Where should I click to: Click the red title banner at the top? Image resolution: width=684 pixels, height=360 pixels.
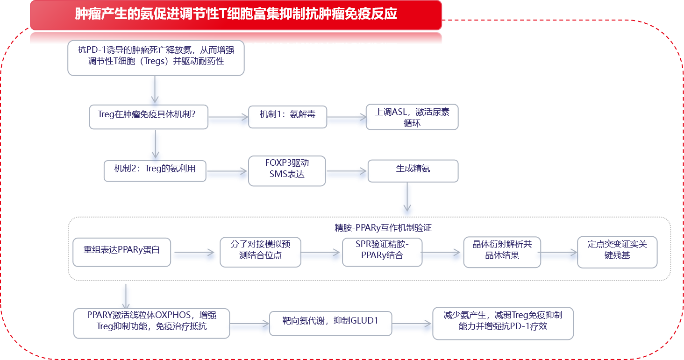pos(236,14)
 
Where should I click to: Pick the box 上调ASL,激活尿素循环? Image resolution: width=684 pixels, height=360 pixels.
pos(412,117)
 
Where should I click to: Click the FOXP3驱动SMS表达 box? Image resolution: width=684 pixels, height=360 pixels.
pos(287,171)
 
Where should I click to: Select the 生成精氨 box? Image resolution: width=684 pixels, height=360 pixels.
pos(413,171)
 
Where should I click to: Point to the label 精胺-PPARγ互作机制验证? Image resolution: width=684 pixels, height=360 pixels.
pos(383,228)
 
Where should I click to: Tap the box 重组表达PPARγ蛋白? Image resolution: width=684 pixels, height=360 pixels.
pos(121,252)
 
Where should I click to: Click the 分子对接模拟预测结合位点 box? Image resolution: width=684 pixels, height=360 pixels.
pos(260,252)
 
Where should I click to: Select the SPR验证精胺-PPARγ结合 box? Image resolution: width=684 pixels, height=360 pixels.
pos(382,252)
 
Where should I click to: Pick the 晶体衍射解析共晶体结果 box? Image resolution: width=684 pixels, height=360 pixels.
pos(502,252)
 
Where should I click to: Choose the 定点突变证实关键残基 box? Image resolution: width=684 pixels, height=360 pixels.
pos(617,252)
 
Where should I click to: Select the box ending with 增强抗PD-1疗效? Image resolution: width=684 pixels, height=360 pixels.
pos(503,323)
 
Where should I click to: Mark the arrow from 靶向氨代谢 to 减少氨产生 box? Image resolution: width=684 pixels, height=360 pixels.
pos(412,326)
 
